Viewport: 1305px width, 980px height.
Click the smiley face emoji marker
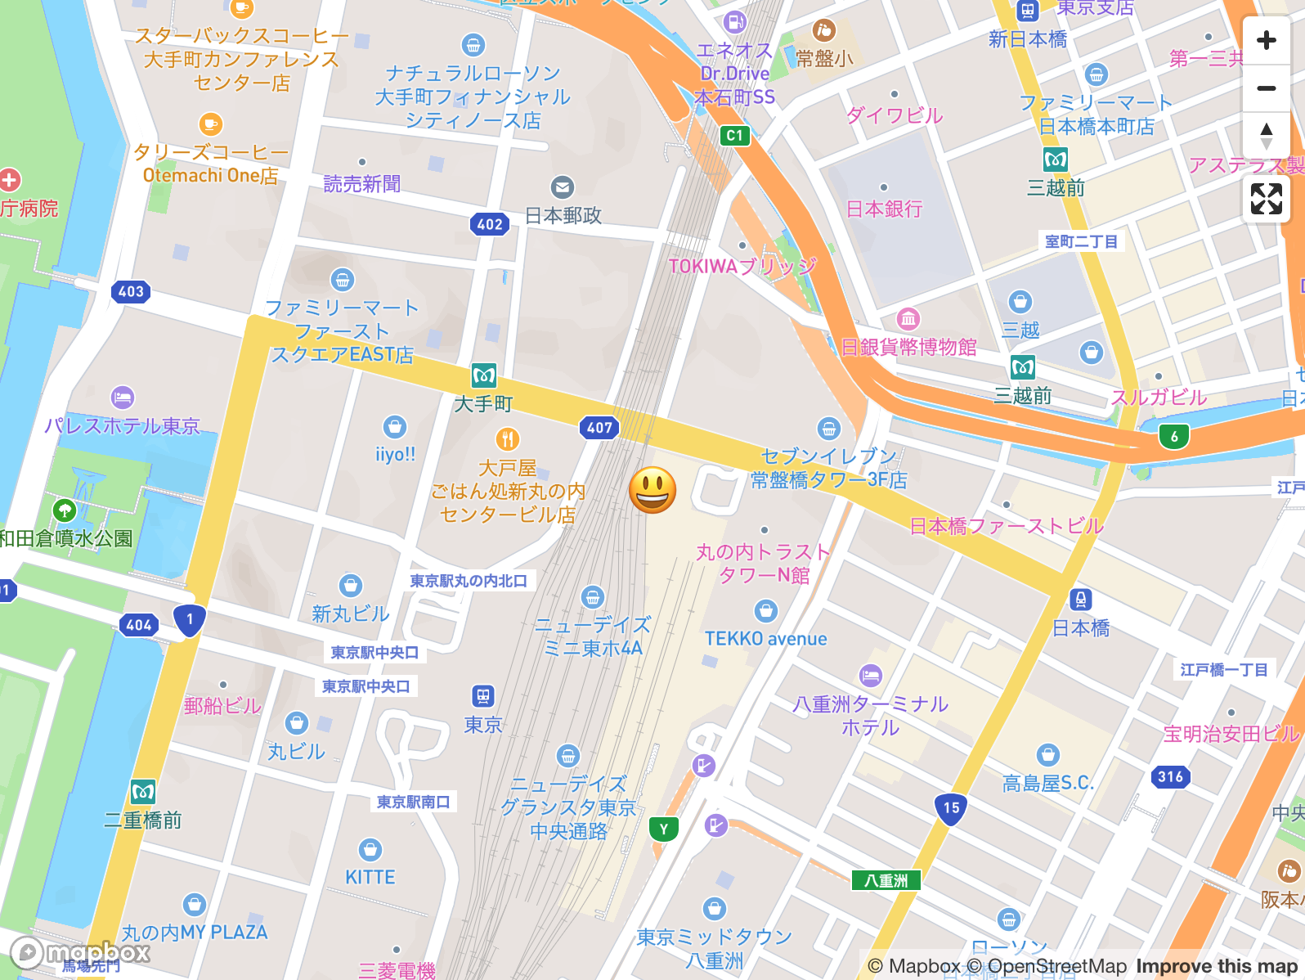(652, 490)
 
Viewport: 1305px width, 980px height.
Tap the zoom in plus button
(1266, 40)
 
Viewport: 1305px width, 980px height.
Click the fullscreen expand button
(1266, 199)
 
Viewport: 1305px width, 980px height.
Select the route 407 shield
(599, 427)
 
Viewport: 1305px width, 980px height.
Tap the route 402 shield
(490, 224)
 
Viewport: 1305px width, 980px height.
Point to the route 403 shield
(131, 291)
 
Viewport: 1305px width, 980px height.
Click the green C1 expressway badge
(734, 136)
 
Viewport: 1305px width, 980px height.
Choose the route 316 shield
(1170, 776)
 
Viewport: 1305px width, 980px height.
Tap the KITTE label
(370, 877)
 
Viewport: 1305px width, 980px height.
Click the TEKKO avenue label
(765, 639)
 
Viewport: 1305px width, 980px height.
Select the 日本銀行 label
(884, 209)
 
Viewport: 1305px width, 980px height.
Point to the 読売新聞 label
(362, 184)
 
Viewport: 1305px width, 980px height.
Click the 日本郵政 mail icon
(562, 187)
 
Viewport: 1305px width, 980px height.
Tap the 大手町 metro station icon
(484, 376)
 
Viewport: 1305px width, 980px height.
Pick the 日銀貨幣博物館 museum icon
(908, 318)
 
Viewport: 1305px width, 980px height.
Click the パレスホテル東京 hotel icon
(122, 398)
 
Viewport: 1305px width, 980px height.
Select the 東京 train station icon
(483, 696)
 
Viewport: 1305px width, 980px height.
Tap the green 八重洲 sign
(886, 880)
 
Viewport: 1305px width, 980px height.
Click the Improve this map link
(1216, 966)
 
